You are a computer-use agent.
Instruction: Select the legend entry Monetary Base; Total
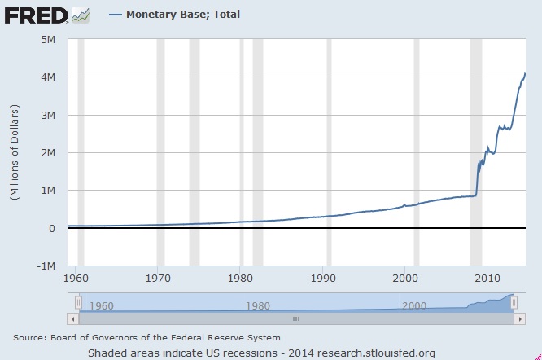[182, 14]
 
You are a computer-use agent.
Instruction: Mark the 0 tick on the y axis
[50, 228]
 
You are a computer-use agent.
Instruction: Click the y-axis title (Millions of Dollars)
[13, 152]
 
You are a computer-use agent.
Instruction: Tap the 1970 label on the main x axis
[159, 278]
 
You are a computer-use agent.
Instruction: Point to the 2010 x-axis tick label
[487, 278]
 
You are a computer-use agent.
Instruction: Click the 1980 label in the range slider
[257, 306]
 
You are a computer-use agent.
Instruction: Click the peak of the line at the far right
[525, 74]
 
